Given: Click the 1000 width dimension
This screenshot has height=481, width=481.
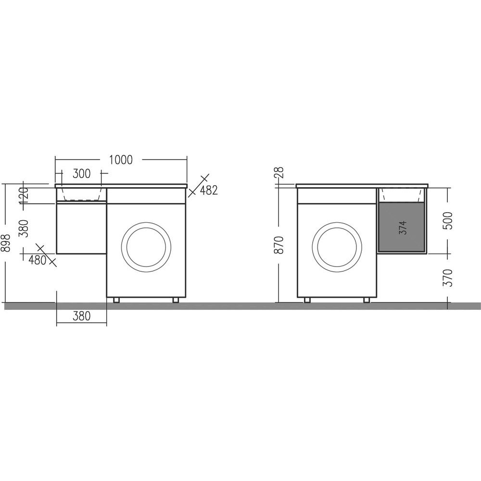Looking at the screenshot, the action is tap(121, 160).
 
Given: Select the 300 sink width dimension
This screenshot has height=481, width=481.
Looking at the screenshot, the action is tap(82, 174).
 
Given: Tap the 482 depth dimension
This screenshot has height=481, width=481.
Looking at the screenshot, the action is tap(209, 190).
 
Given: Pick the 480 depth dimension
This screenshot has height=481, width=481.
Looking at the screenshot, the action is tap(37, 260).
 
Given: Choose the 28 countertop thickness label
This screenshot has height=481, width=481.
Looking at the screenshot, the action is tap(280, 172).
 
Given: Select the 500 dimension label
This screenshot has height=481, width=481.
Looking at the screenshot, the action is tap(448, 221).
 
